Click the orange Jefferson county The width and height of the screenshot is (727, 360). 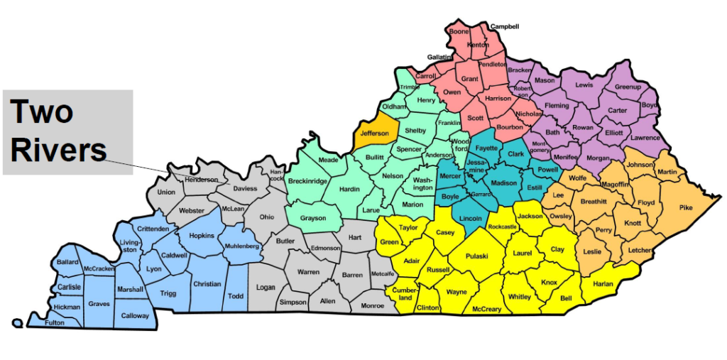(374, 133)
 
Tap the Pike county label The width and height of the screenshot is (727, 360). (685, 208)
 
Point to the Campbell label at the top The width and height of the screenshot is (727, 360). (505, 26)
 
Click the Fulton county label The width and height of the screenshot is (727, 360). (55, 322)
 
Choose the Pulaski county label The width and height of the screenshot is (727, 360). (476, 256)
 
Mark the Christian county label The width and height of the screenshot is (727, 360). (207, 284)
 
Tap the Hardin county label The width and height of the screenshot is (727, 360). (349, 190)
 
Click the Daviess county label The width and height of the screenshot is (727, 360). (245, 189)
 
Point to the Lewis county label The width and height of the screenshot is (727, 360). (584, 85)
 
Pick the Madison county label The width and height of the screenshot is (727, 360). (504, 182)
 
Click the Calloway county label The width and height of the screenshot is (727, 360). (135, 315)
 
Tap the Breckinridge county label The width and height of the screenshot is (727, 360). (308, 181)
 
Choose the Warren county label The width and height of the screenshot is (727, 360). (308, 272)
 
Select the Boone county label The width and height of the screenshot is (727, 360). (459, 31)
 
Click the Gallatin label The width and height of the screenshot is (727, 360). (439, 57)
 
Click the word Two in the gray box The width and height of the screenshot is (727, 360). (41, 112)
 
